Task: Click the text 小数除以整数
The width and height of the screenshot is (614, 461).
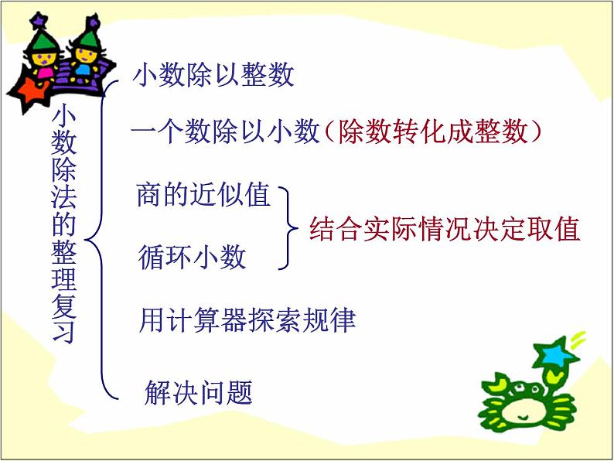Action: click(213, 76)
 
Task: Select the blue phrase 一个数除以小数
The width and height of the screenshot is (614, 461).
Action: click(225, 133)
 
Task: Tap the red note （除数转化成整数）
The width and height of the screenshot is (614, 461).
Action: click(430, 133)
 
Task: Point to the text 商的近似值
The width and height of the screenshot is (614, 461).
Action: click(203, 195)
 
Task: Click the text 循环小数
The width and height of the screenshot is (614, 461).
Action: click(193, 256)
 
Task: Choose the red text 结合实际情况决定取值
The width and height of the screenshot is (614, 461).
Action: click(445, 230)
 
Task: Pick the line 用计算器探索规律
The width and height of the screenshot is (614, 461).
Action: click(247, 319)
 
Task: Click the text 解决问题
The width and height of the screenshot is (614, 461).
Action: click(199, 393)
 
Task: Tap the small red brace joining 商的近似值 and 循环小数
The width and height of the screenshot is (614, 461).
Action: click(289, 228)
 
